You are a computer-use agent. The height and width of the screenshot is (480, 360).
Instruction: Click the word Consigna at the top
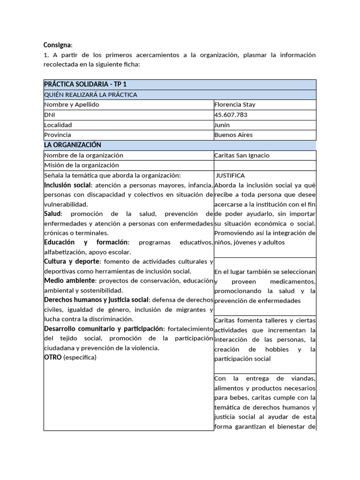tap(57, 45)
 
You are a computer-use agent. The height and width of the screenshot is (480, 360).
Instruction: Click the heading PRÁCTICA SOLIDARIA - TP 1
tap(85, 84)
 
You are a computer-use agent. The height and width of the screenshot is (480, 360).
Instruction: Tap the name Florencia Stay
tap(235, 105)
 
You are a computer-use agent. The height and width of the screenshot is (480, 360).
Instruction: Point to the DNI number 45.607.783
tap(231, 115)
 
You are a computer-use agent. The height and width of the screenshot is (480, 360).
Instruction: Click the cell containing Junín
tap(222, 125)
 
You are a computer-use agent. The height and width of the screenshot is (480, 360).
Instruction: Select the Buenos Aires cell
tap(233, 135)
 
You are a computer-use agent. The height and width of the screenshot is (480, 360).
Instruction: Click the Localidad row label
tap(58, 125)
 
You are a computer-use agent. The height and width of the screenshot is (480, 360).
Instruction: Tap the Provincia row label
tap(58, 135)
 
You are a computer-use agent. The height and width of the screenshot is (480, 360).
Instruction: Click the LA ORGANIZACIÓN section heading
tap(73, 145)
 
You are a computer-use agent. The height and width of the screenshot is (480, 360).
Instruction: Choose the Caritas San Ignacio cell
tap(241, 155)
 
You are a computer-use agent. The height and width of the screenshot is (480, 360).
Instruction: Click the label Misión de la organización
tap(82, 165)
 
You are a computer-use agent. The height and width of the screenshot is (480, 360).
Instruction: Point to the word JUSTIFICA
tap(230, 175)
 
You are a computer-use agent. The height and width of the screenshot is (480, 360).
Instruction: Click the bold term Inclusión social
tap(67, 185)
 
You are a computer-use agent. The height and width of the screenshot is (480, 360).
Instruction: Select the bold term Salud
tap(52, 213)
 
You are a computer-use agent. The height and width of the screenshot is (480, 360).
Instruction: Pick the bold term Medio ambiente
tap(69, 280)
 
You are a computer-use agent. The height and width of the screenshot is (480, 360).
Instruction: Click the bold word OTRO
tap(53, 357)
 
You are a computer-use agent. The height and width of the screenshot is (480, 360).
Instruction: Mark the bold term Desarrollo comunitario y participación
tap(104, 329)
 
